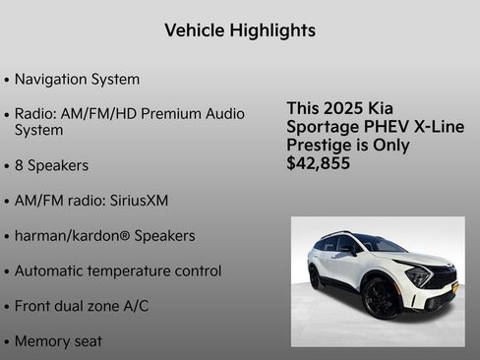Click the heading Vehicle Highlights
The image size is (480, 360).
(x=240, y=30)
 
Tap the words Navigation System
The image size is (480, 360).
(x=77, y=79)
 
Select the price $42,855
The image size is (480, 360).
(x=318, y=163)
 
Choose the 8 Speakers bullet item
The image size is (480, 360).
(x=51, y=165)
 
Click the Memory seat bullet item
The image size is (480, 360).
(x=58, y=341)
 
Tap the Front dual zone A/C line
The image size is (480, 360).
(x=82, y=306)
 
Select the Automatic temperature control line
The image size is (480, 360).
(x=118, y=270)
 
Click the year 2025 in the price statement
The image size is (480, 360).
(x=341, y=108)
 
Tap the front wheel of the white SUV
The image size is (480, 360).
(x=380, y=297)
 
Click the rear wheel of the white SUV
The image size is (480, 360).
(x=315, y=278)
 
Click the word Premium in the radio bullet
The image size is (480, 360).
(x=171, y=114)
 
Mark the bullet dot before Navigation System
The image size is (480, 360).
(x=8, y=80)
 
